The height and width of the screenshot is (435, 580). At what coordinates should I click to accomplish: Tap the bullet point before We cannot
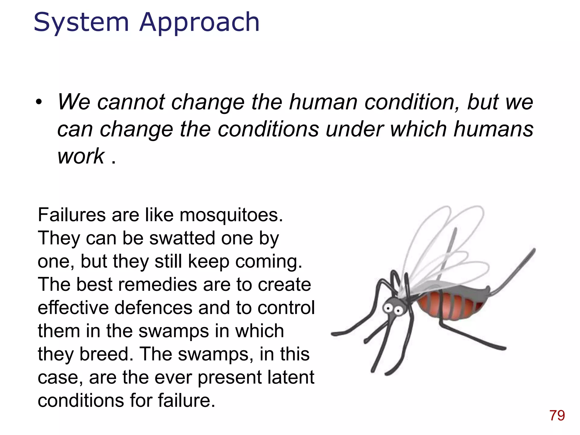point(39,102)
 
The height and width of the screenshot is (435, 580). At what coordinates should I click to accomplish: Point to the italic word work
point(81,156)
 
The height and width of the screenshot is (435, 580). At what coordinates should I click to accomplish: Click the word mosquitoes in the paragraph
point(231,215)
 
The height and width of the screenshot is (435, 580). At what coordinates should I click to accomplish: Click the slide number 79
point(557,415)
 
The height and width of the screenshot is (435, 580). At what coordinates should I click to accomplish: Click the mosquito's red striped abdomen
point(450,306)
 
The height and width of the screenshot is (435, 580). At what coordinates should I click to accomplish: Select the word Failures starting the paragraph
point(72,215)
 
